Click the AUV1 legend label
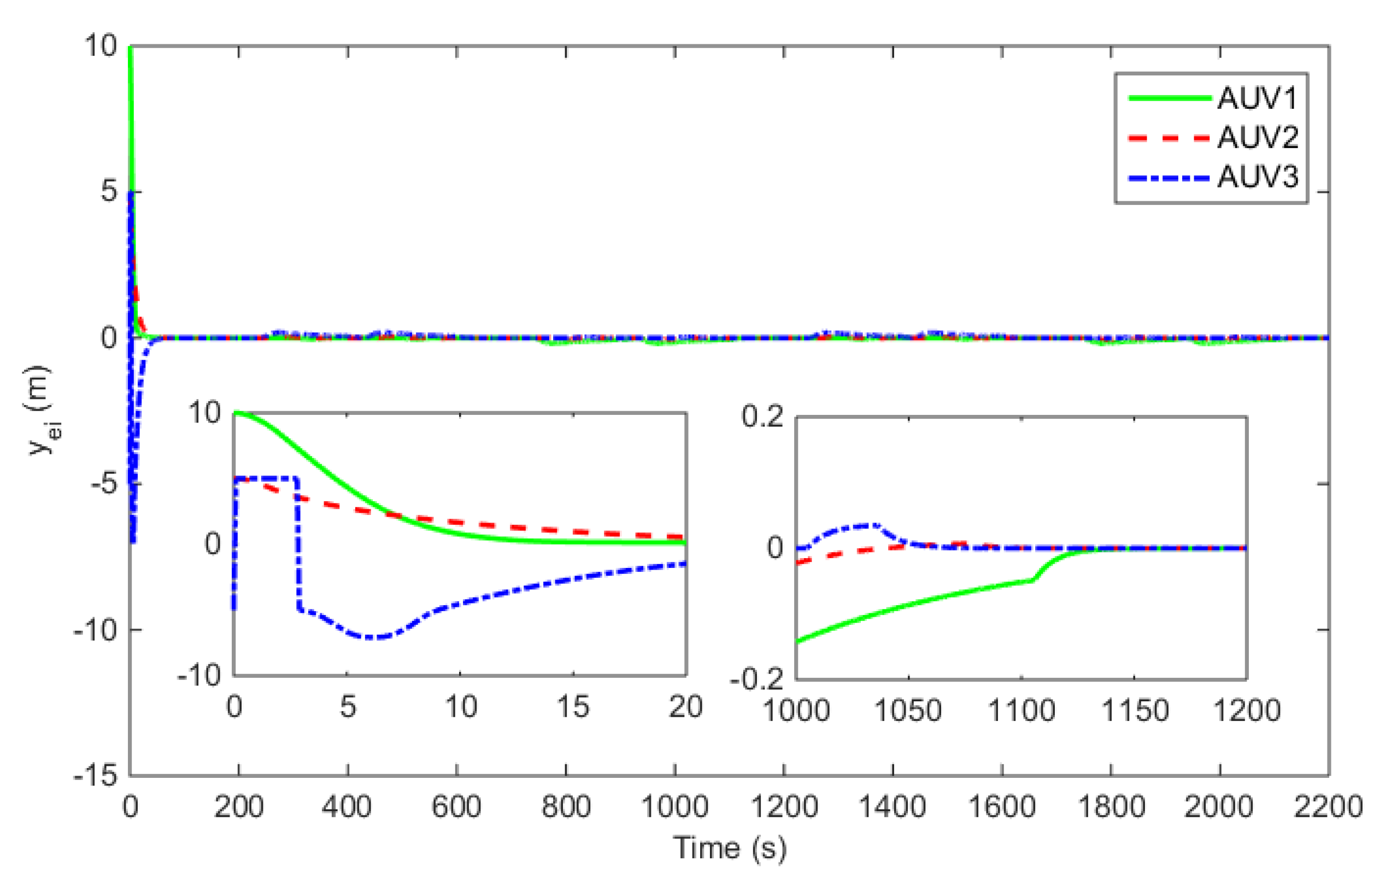(1258, 99)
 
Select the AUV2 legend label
(1258, 138)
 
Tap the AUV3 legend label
(1258, 177)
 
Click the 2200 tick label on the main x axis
(1327, 807)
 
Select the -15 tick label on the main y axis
(95, 776)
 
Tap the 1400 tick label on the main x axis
(892, 807)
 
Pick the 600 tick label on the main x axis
(456, 807)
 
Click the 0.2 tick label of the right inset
(762, 417)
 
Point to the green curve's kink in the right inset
(1032, 581)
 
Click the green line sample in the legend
(1169, 99)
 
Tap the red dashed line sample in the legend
(1169, 138)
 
